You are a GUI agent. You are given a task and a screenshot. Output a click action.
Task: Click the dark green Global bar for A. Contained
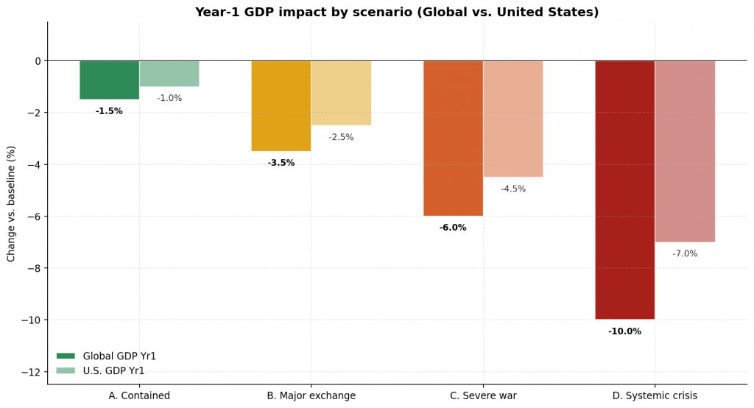[x=109, y=80]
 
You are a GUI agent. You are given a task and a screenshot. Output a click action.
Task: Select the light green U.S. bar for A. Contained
[x=169, y=74]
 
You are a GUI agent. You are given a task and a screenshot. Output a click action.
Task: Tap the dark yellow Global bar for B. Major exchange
[x=281, y=105]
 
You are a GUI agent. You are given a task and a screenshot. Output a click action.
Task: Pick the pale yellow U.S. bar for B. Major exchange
[x=341, y=93]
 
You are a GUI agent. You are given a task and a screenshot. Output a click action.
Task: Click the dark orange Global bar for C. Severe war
[x=453, y=138]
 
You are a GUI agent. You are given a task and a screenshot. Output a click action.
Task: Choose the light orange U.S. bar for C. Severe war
[x=513, y=119]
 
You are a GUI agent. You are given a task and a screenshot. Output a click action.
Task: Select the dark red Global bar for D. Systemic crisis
[x=625, y=189]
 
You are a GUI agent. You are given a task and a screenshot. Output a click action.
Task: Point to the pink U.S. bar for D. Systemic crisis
[x=685, y=151]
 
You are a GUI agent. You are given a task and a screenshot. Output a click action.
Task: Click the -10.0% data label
[x=624, y=331]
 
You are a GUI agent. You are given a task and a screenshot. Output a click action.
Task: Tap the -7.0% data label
[x=685, y=254]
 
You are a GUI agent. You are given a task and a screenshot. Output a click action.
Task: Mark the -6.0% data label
[x=453, y=228]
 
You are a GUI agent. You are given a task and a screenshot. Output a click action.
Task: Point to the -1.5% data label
[x=109, y=111]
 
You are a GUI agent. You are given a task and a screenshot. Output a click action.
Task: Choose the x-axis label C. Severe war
[x=483, y=396]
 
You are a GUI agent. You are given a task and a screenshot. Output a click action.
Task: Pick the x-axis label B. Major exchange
[x=311, y=396]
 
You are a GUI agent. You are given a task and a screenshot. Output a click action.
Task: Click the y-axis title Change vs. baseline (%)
[x=11, y=203]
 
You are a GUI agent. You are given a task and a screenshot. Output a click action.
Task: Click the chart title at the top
[x=396, y=13]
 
